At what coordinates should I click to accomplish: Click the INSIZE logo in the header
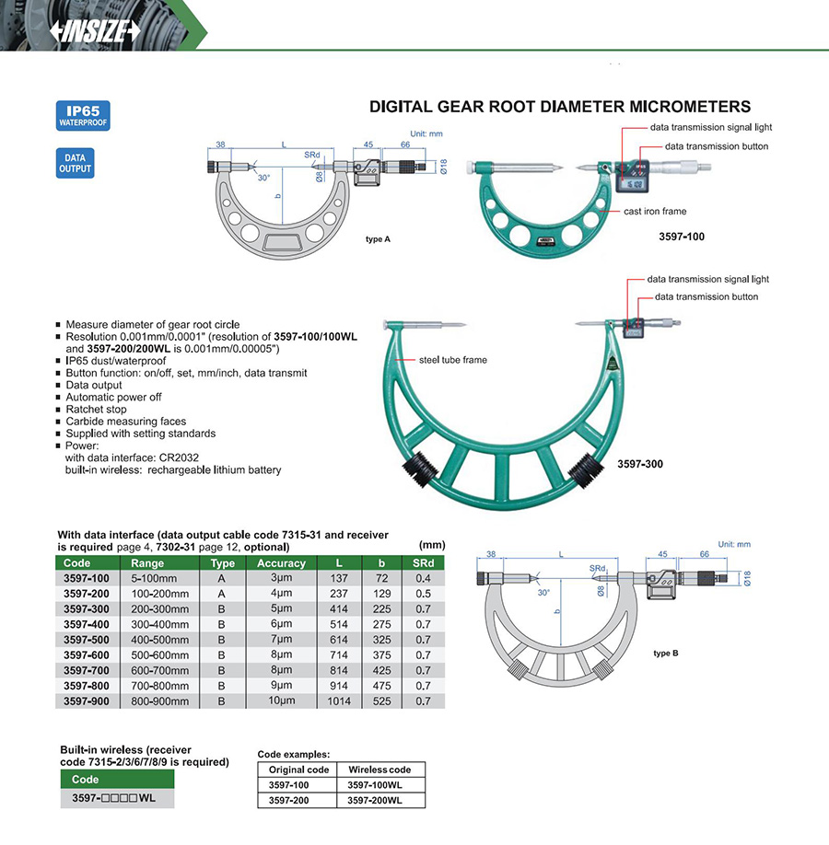[x=96, y=30]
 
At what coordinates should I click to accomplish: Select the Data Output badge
[x=75, y=163]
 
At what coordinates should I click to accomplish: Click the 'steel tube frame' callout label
[x=452, y=360]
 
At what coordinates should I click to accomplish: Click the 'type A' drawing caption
[x=379, y=239]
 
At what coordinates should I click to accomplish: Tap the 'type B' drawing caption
[x=665, y=653]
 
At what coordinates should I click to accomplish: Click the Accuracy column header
[x=281, y=563]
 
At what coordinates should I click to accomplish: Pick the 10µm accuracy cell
[x=281, y=701]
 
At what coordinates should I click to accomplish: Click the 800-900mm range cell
[x=160, y=701]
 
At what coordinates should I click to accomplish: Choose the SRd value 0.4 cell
[x=423, y=578]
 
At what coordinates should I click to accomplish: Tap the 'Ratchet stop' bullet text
[x=96, y=409]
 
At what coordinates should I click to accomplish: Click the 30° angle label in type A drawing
[x=264, y=178]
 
